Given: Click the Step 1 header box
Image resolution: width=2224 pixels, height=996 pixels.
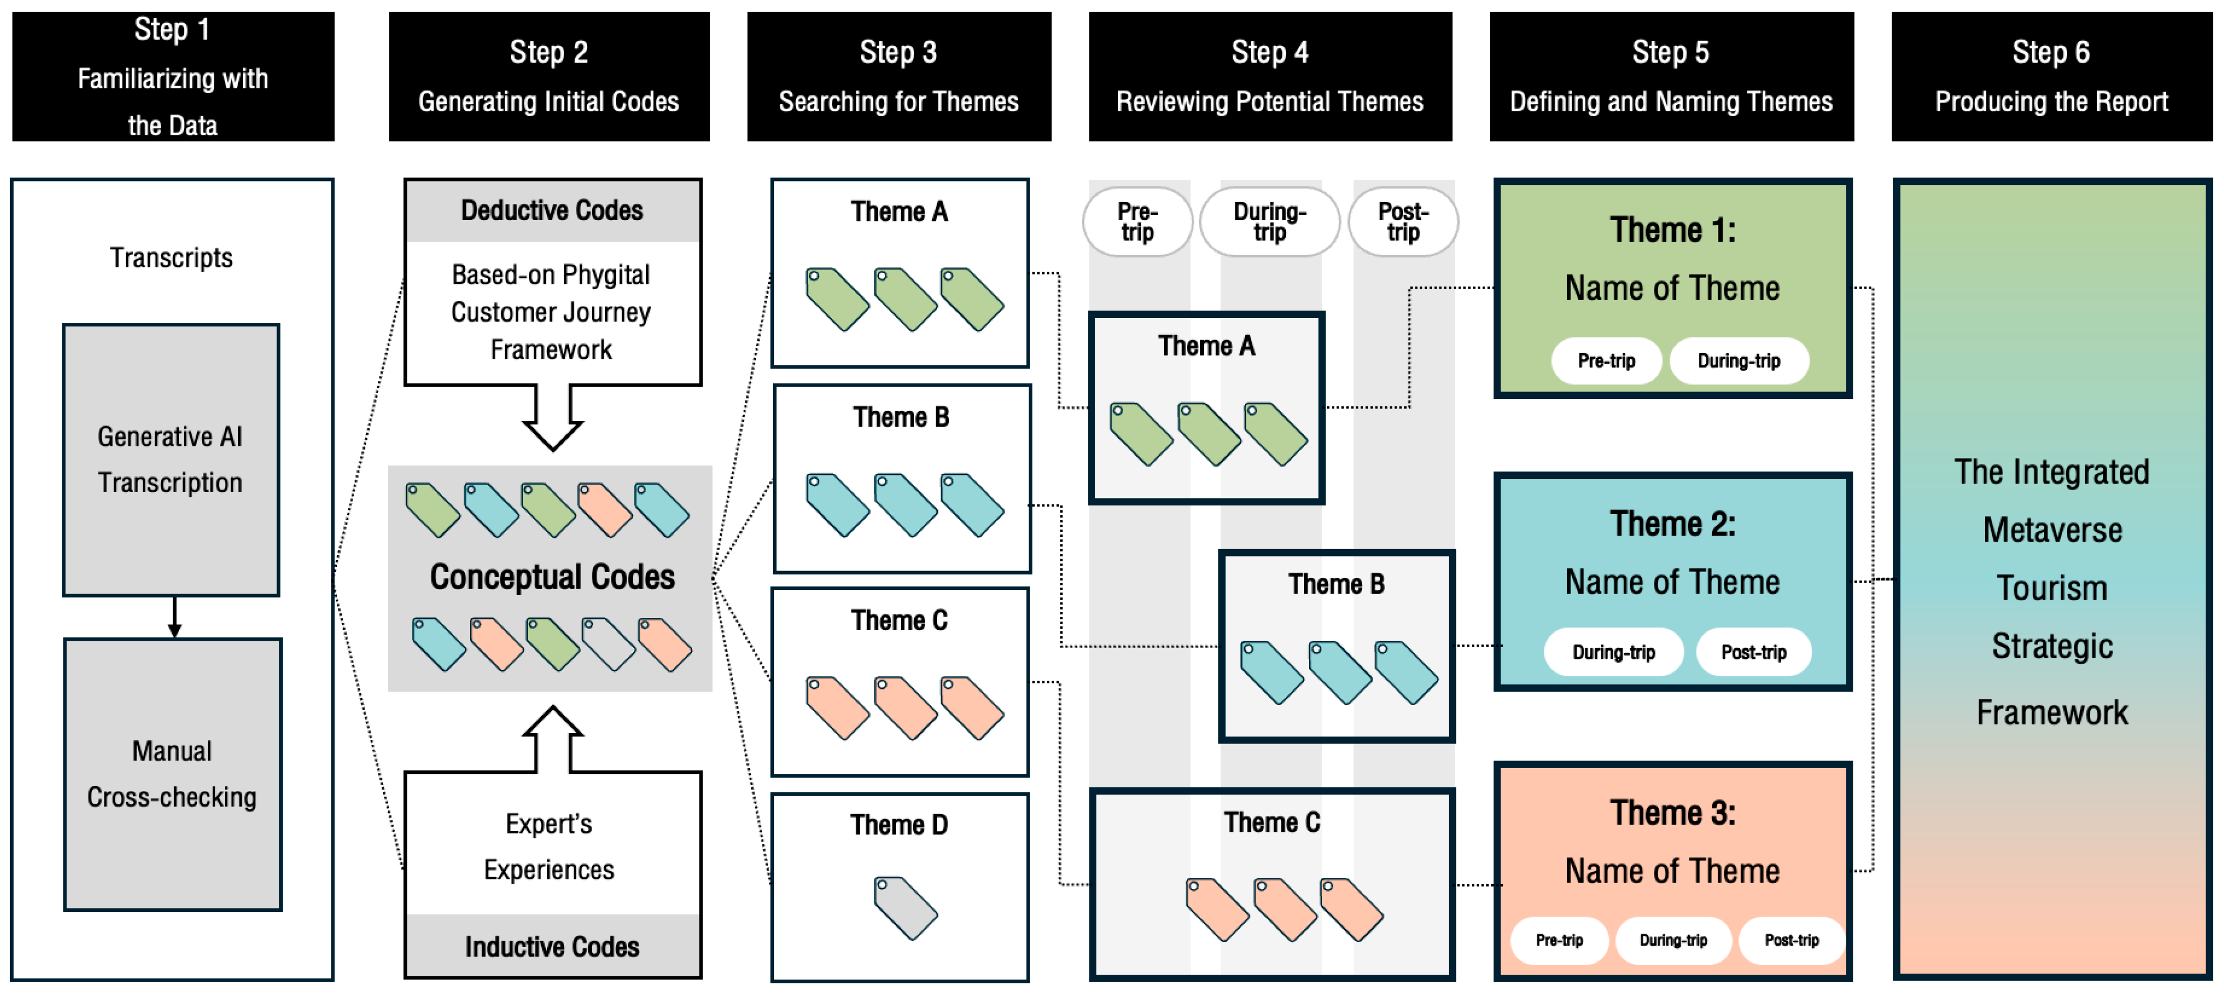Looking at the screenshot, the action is tap(173, 76).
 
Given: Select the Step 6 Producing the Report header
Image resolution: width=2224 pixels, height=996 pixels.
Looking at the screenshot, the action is tap(2051, 76).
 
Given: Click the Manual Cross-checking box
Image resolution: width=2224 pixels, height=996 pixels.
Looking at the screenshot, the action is tap(173, 774).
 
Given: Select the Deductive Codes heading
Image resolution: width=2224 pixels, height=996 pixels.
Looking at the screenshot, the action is tap(552, 210).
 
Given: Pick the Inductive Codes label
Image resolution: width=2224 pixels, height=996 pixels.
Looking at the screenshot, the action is tap(552, 947).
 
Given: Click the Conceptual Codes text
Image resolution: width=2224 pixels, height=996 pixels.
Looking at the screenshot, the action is tap(552, 576).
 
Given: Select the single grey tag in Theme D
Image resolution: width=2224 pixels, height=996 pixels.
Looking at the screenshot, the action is tap(905, 908).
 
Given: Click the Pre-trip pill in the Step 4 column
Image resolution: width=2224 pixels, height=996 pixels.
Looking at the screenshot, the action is tap(1137, 222).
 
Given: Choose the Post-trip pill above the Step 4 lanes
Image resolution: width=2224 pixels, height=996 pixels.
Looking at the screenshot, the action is tap(1403, 222).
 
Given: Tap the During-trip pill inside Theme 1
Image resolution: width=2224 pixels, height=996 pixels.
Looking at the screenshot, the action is tap(1739, 361).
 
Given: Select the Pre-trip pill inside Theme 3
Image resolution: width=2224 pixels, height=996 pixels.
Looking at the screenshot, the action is tap(1559, 940).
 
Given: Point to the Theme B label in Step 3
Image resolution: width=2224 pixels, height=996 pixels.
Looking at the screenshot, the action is tap(901, 417).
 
